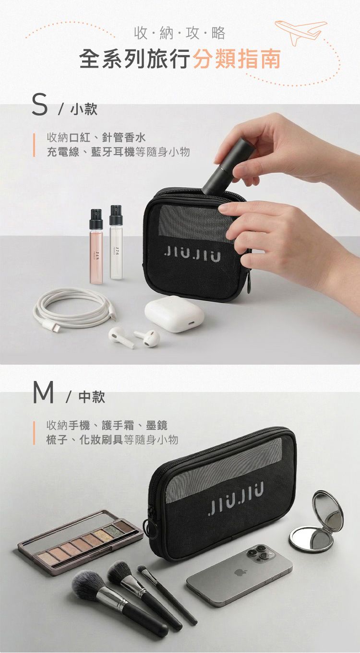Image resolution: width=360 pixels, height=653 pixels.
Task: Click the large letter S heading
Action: coord(41,106)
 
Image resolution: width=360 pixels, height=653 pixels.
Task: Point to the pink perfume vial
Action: coord(96,247)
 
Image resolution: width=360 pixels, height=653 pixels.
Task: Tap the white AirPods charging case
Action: coord(174,314)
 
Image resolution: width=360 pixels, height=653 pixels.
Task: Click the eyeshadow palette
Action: coord(80,541)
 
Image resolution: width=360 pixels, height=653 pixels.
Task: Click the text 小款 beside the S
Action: coord(84,110)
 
